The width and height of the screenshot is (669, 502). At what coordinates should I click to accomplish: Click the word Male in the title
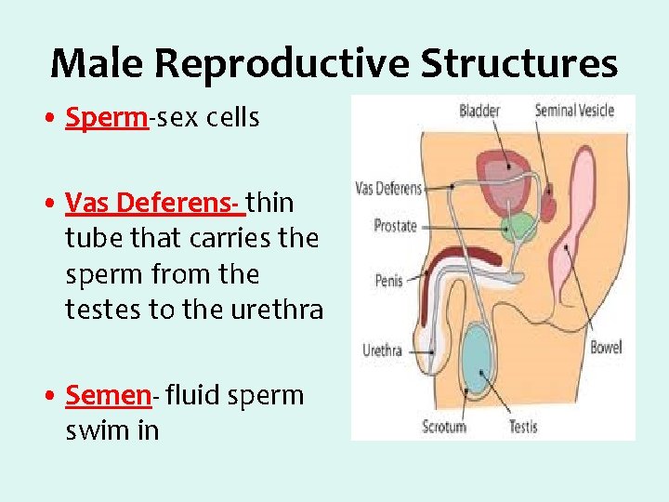[x=96, y=63]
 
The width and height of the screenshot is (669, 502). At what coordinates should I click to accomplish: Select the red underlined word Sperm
[x=107, y=119]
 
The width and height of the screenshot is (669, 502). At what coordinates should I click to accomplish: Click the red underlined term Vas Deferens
[x=154, y=202]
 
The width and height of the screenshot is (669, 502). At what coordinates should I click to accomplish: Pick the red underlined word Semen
[x=108, y=395]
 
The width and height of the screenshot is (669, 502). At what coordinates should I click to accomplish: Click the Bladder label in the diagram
[x=479, y=111]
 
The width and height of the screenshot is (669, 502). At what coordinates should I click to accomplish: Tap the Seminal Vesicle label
[x=574, y=111]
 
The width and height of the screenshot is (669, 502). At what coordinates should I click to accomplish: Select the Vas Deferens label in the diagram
[x=388, y=189]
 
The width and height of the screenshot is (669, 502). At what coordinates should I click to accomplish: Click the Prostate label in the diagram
[x=396, y=225]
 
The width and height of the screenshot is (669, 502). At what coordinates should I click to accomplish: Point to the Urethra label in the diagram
[x=382, y=350]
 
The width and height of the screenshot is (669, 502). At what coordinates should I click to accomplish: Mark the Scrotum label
[x=444, y=427]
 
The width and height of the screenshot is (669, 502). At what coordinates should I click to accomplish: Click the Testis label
[x=523, y=427]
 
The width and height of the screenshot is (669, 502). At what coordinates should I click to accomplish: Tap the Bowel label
[x=606, y=349]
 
